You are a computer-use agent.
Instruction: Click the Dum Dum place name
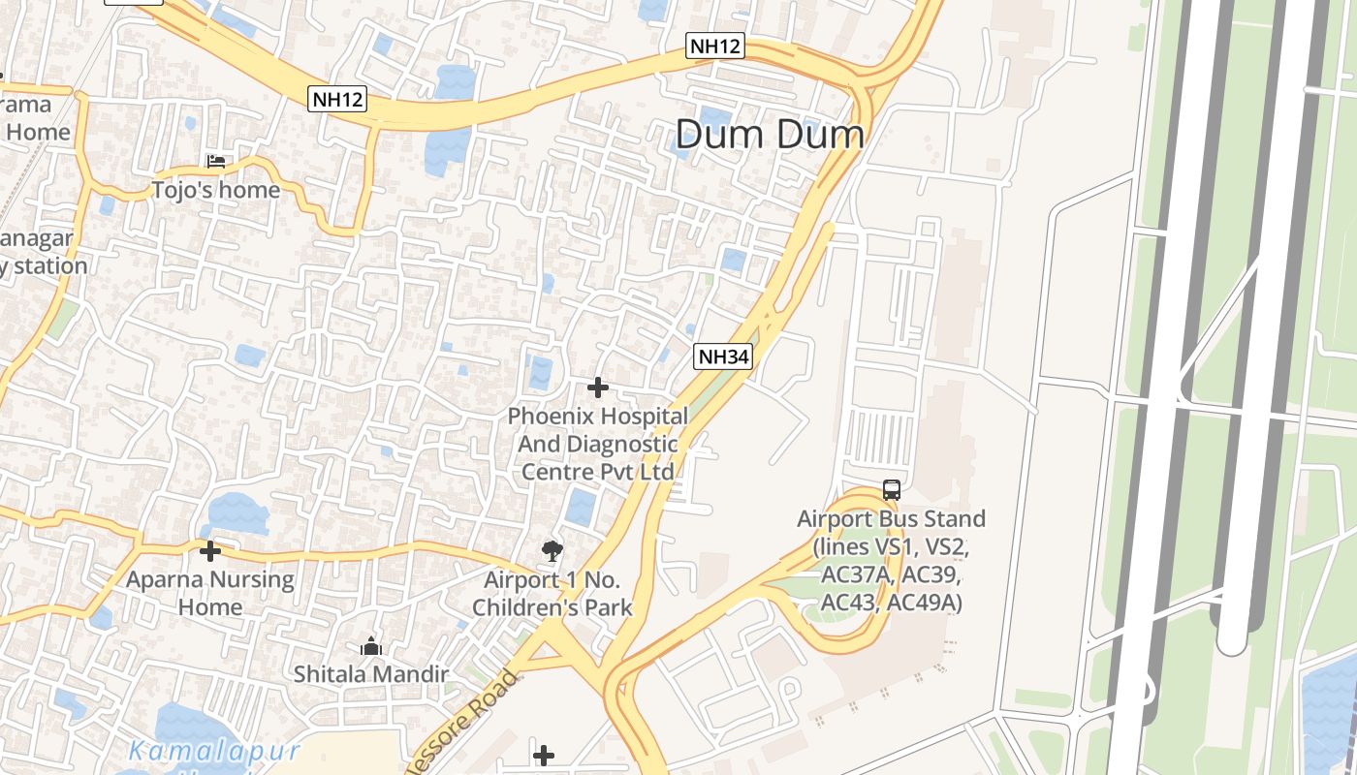point(769,134)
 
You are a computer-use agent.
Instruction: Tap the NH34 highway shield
point(723,356)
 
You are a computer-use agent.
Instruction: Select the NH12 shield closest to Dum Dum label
point(715,45)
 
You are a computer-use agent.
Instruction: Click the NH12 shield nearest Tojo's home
point(338,98)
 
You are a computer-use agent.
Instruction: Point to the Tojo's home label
point(215,190)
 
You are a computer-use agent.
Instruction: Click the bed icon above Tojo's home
point(215,161)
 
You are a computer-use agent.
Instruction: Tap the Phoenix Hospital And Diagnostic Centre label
point(598,444)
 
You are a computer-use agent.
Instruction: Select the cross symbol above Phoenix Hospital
point(598,387)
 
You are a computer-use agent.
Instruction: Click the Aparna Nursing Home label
point(210,593)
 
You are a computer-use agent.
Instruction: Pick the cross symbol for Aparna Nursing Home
point(209,551)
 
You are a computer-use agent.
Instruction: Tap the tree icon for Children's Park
point(552,551)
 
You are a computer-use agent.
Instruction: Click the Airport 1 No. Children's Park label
point(558,594)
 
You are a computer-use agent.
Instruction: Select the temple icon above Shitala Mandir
point(370,645)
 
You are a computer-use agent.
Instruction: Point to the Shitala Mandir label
point(371,673)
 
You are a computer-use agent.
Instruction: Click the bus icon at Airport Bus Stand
point(891,490)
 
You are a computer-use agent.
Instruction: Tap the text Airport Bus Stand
point(891,518)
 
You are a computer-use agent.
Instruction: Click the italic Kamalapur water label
point(214,751)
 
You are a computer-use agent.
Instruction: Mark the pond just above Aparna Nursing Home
point(236,513)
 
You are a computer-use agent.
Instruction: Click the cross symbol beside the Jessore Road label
point(544,755)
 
